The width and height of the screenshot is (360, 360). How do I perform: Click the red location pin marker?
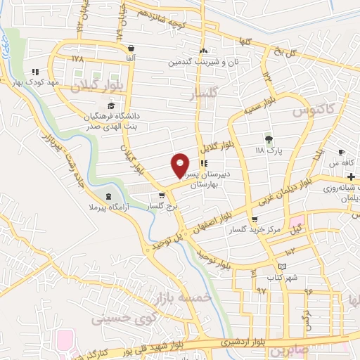point(181,165)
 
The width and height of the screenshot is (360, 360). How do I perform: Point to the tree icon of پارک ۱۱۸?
point(267,138)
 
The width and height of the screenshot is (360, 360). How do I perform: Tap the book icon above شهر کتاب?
point(282,266)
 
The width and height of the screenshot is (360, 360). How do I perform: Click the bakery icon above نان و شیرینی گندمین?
point(204,51)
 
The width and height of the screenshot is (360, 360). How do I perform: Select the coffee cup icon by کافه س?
point(341,153)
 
